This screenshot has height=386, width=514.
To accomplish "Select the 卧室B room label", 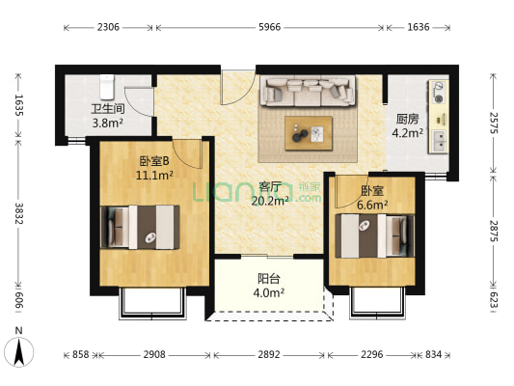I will [x=154, y=161].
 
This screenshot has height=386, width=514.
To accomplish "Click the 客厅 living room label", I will [x=270, y=186].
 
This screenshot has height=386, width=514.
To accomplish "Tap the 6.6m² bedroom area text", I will [x=372, y=205].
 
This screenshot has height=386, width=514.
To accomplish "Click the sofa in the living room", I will [x=307, y=91].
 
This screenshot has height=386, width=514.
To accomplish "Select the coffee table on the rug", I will [x=309, y=132].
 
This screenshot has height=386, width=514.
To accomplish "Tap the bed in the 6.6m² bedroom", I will [x=371, y=234].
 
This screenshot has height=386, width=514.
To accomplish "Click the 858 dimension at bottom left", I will [x=81, y=355].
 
